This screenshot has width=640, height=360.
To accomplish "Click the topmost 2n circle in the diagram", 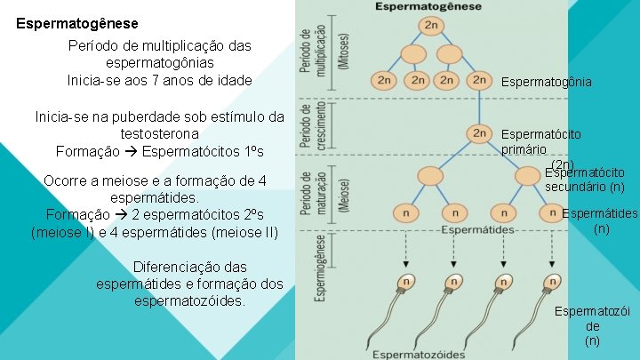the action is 431,24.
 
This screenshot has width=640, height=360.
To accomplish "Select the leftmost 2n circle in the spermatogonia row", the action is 384,80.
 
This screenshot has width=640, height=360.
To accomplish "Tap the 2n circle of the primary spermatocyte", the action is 480,133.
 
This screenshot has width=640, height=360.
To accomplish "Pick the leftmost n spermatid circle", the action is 406,214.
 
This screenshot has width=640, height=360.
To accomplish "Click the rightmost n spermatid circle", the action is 553,214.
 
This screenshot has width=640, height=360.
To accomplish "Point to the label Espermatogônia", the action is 546,82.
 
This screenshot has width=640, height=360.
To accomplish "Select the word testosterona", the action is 160,133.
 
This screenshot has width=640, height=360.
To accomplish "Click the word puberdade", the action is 153,116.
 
